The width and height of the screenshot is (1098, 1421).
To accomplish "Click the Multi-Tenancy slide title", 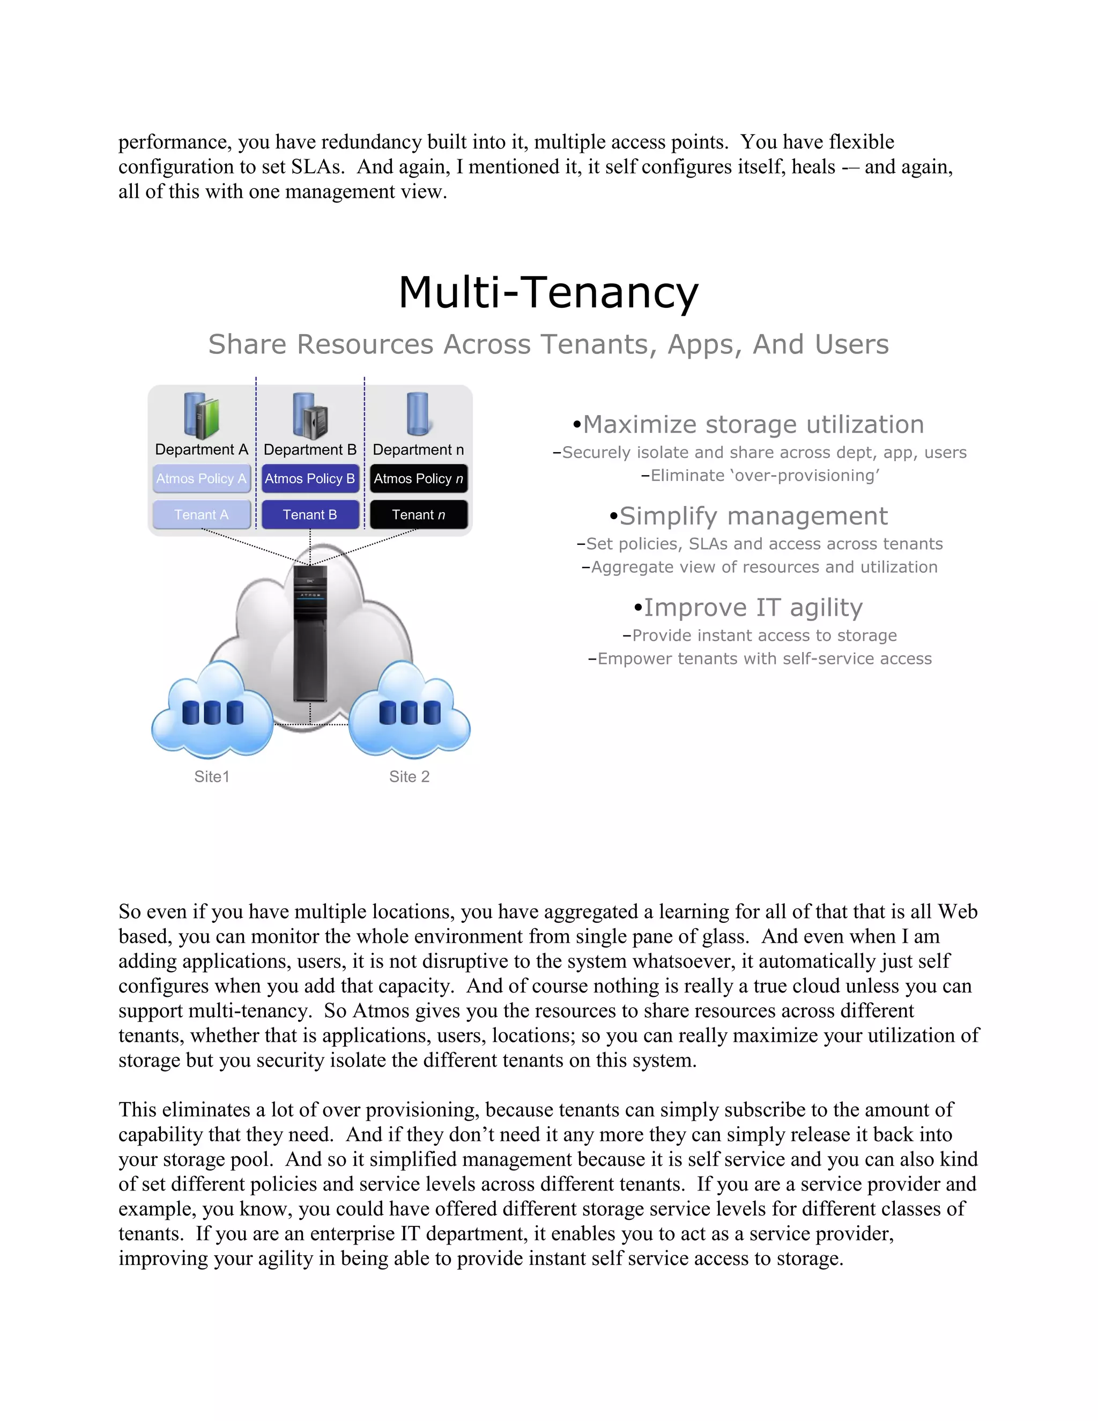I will pyautogui.click(x=548, y=292).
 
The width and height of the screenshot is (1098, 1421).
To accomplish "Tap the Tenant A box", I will pyautogui.click(x=201, y=515).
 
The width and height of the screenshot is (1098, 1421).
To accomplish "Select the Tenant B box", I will pyautogui.click(x=310, y=515).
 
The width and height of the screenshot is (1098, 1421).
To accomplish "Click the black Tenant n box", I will pyautogui.click(x=418, y=515).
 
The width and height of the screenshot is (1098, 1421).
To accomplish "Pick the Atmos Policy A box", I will pyautogui.click(x=201, y=478).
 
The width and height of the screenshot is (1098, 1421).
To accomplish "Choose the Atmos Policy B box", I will pyautogui.click(x=310, y=478).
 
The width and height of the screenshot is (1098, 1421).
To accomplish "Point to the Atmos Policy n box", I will pyautogui.click(x=418, y=478).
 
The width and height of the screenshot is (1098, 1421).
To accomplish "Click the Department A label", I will pyautogui.click(x=201, y=449).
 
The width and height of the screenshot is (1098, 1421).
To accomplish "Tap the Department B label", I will pyautogui.click(x=310, y=449).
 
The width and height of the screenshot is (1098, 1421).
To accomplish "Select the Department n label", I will pyautogui.click(x=418, y=449).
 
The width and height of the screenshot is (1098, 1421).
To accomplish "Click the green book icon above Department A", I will pyautogui.click(x=208, y=418).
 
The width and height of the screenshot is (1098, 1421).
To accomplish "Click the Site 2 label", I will pyautogui.click(x=409, y=776).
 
